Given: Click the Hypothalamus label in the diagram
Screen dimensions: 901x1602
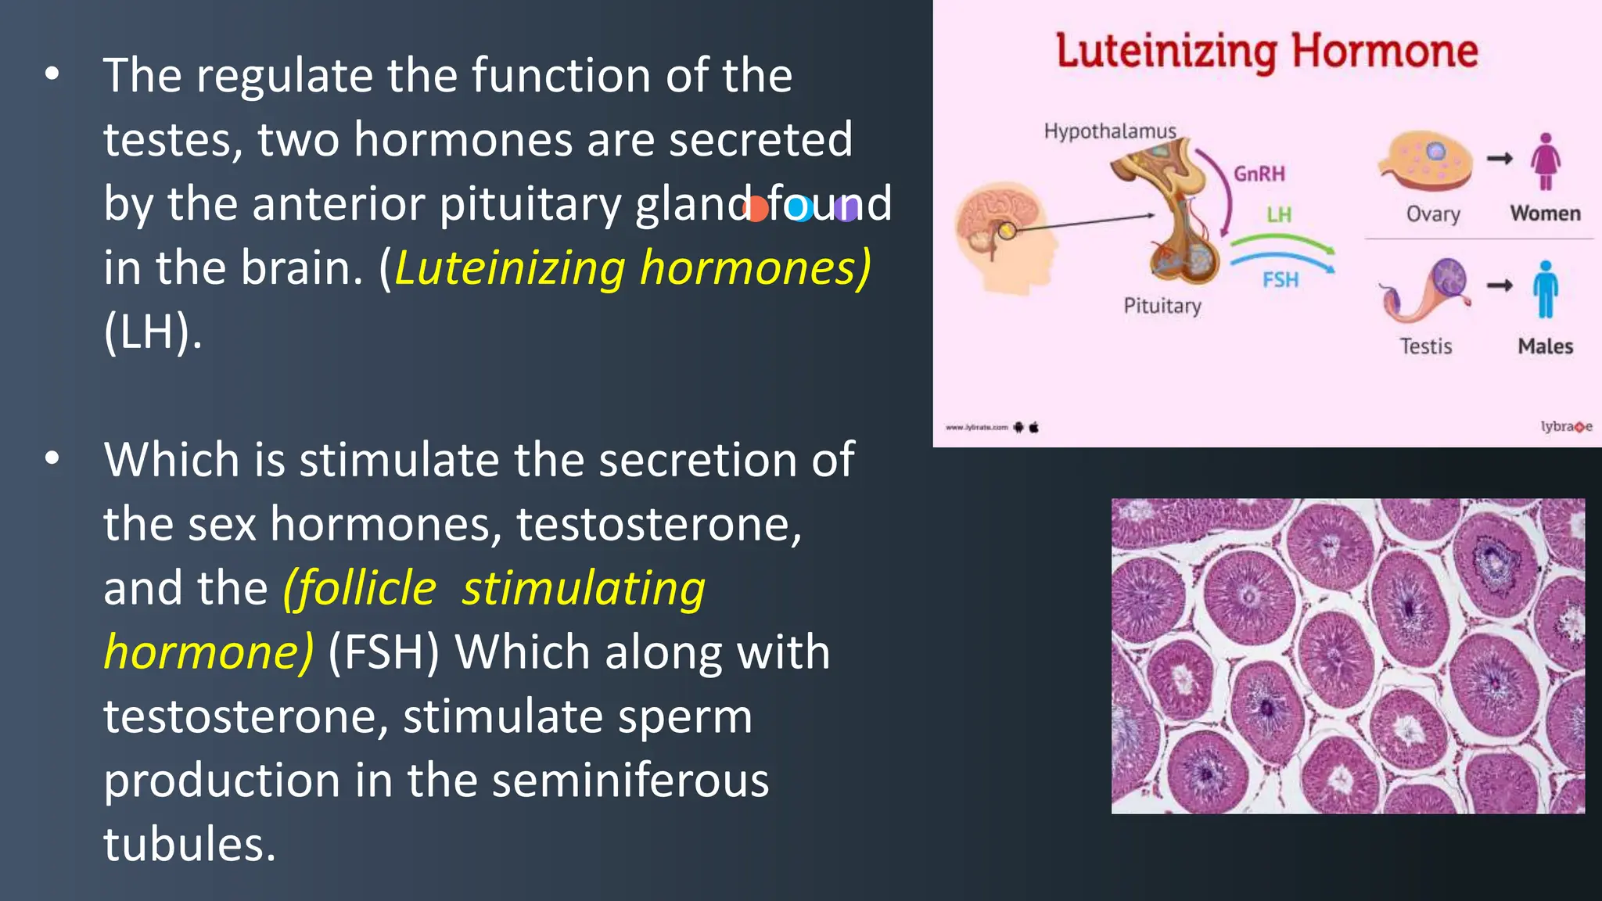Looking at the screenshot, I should click(1109, 131).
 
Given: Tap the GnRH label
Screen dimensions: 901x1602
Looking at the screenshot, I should click(1259, 174).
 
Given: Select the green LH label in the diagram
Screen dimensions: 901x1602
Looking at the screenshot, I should click(1279, 214).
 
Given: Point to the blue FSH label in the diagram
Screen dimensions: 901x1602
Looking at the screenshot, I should click(1280, 279).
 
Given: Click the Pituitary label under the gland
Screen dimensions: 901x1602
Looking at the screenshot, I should click(1162, 305).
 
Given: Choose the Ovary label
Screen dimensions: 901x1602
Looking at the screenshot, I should click(1433, 214).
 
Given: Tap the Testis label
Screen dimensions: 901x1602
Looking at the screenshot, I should click(1425, 346).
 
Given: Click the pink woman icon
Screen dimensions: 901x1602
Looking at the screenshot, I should click(1545, 161).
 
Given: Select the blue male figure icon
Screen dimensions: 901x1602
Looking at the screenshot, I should click(1545, 289).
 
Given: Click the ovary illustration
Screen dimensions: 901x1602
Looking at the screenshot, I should click(1425, 161).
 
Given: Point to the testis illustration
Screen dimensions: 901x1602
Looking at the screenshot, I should click(1425, 290).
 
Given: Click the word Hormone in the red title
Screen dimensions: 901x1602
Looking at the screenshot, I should click(1385, 52).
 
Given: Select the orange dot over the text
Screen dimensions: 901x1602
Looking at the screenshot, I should click(756, 208).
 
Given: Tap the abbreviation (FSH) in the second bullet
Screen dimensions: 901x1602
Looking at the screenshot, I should click(383, 652).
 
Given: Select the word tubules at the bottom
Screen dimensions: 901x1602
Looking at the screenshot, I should click(189, 845).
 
